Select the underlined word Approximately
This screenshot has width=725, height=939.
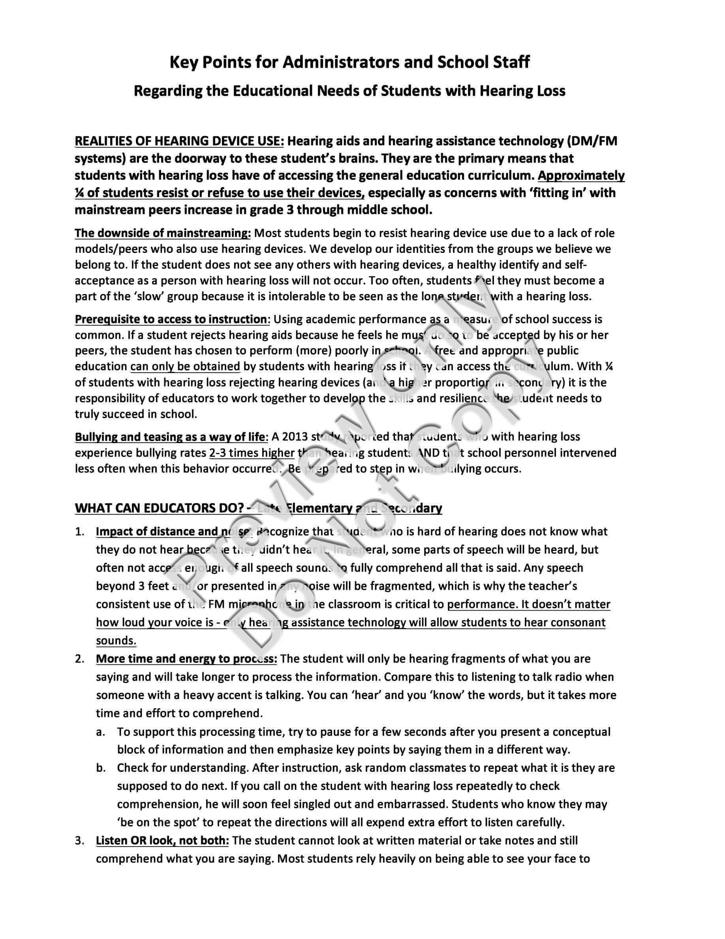[x=581, y=175]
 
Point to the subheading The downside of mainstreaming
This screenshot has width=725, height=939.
[x=163, y=233]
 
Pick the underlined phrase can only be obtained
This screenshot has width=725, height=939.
[x=185, y=366]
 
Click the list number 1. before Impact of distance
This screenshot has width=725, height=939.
[x=80, y=532]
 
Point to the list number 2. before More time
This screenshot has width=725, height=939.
[x=80, y=659]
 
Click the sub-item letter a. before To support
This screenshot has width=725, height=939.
[x=101, y=732]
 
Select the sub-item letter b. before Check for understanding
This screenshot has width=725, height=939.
[x=101, y=768]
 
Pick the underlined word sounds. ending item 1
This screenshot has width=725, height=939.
[x=116, y=641]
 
